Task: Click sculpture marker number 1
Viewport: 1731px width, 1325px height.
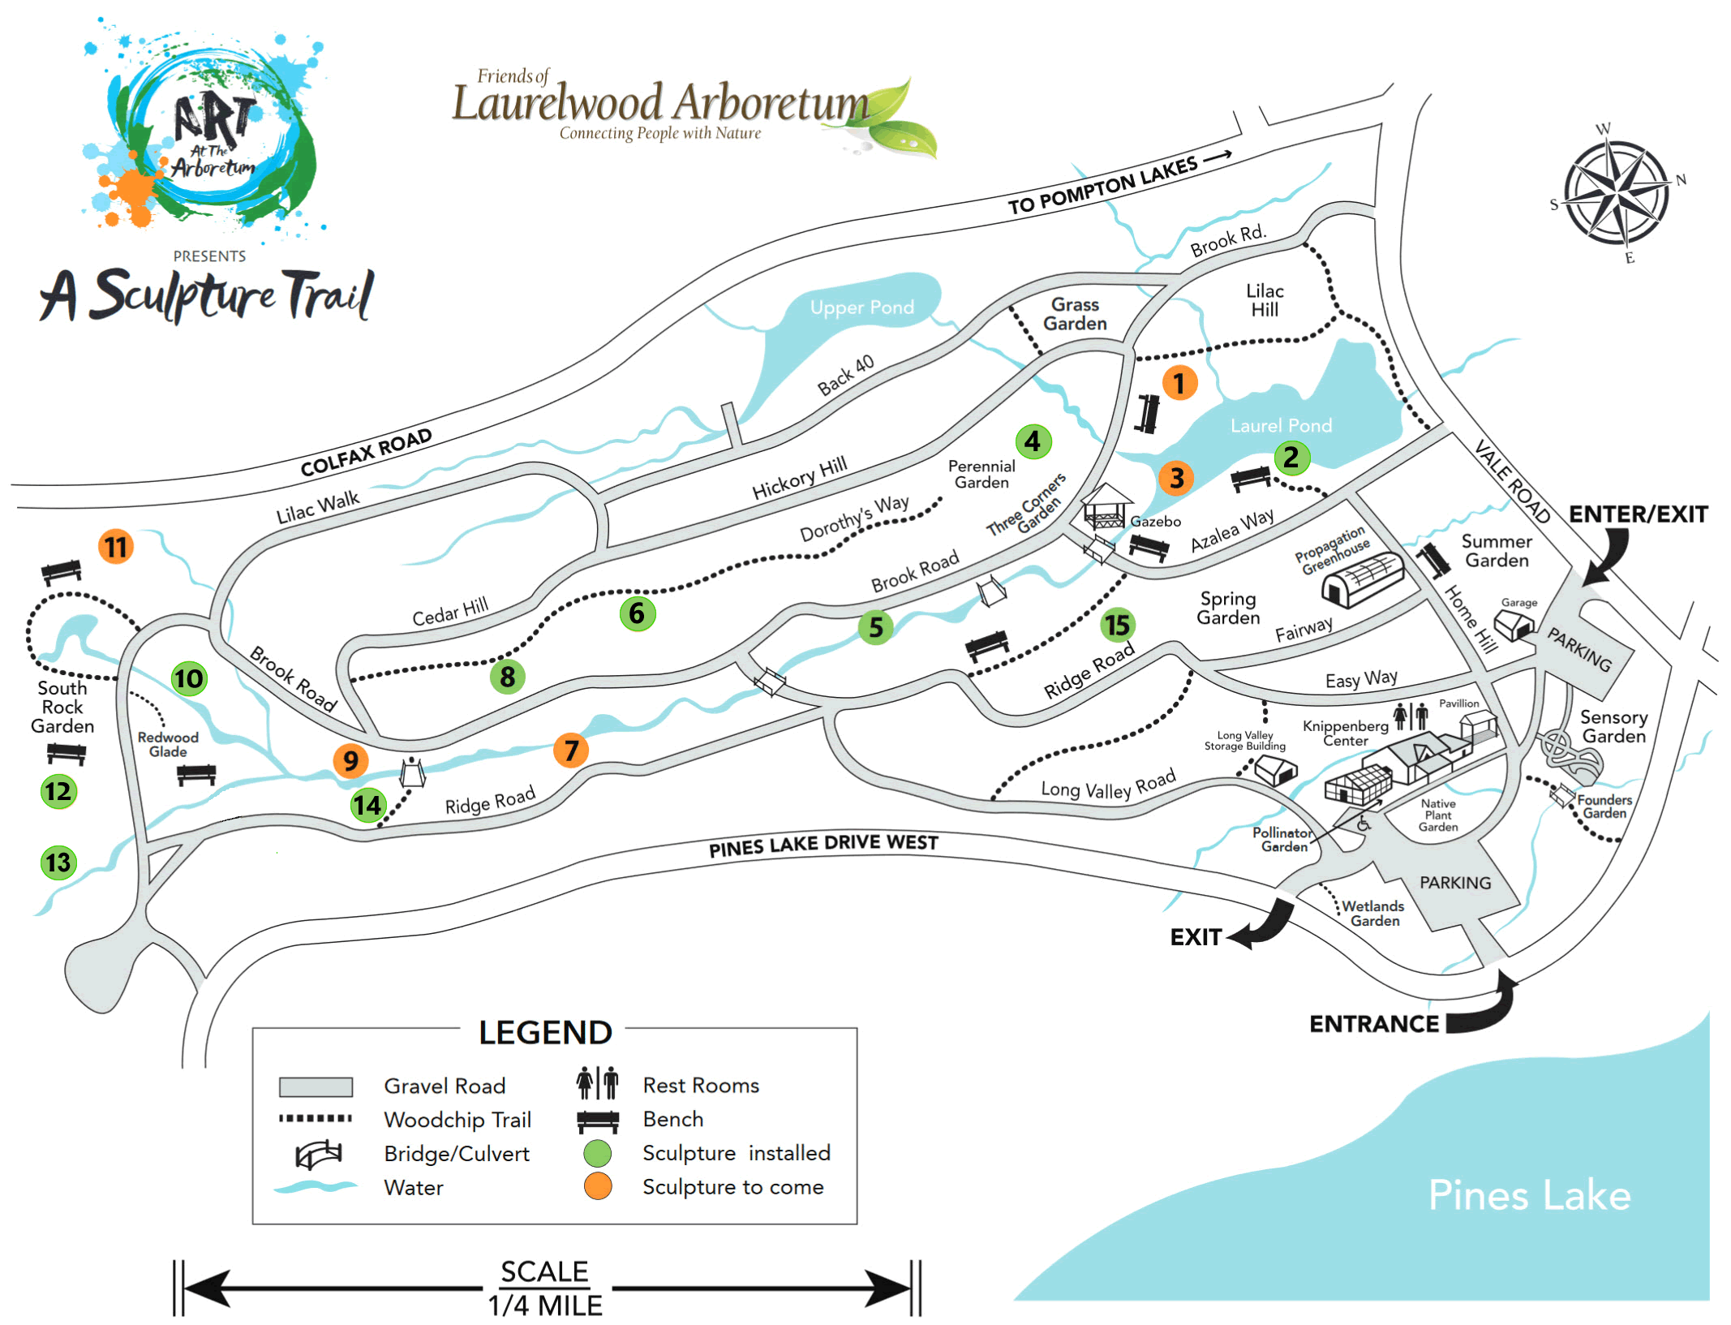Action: click(1179, 382)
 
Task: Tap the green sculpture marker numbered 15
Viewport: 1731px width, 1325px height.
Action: click(1117, 626)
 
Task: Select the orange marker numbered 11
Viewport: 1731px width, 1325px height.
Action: click(116, 547)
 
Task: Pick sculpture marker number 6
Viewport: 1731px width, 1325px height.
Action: click(637, 613)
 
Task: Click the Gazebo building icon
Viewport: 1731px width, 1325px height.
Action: click(1106, 506)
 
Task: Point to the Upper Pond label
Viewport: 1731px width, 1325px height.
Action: click(861, 308)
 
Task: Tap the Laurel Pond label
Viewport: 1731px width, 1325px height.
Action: click(1281, 425)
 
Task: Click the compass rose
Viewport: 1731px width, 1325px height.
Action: click(1616, 193)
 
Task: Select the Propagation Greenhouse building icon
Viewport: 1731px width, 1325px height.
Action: click(1362, 579)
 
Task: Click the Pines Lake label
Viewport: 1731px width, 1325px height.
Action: click(1529, 1195)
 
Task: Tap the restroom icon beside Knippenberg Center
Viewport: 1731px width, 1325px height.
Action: click(1411, 716)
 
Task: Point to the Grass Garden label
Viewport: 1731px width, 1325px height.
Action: click(1075, 314)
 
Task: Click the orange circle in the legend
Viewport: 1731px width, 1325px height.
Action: click(598, 1186)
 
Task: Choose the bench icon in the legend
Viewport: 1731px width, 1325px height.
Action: click(598, 1121)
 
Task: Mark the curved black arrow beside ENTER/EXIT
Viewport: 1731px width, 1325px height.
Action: click(1607, 557)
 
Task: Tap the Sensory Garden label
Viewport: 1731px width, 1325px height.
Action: click(1613, 727)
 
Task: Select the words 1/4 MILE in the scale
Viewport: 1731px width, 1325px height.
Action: click(545, 1306)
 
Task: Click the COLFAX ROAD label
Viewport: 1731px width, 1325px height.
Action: click(366, 453)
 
